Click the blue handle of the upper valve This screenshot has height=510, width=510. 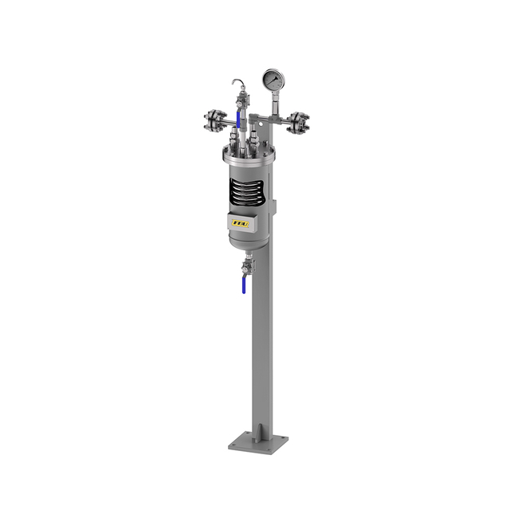(x=239, y=118)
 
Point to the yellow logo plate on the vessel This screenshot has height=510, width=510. (x=240, y=224)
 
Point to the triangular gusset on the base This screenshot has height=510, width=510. (x=260, y=430)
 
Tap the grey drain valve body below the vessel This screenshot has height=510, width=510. (x=247, y=267)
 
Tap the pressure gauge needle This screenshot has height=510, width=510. (x=273, y=80)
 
